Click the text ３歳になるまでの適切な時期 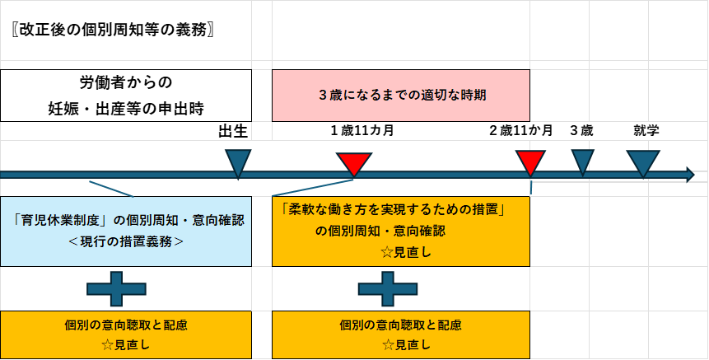coord(401,95)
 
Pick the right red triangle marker coord(530,162)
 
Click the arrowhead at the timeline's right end coord(688,174)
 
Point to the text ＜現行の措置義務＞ coord(126,242)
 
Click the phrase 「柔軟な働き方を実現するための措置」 coord(392,210)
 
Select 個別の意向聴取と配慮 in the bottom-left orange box coord(126,325)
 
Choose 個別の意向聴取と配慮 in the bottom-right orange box coord(400,325)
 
